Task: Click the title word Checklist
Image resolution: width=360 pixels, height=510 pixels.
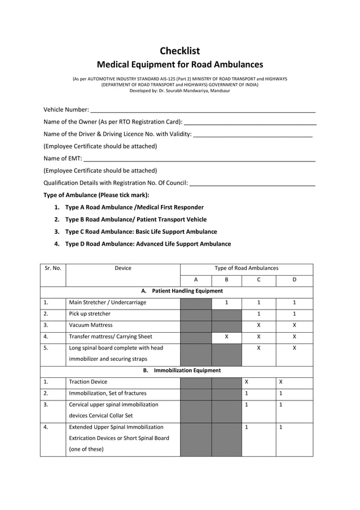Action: point(179,51)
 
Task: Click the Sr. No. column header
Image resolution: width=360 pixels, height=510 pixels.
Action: point(52,268)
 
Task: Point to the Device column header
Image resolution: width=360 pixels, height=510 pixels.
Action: point(123,268)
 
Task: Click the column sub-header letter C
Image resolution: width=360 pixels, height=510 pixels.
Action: point(258,280)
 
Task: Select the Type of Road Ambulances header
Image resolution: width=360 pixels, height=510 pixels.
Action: point(246,268)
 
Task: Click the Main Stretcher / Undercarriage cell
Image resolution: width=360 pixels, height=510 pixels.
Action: point(107,303)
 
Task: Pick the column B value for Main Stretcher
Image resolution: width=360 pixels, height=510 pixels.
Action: point(226,303)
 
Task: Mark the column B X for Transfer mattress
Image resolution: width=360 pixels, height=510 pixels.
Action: point(226,336)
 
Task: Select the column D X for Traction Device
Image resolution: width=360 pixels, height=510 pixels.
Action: point(281,382)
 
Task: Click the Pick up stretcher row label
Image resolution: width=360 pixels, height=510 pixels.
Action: point(90,313)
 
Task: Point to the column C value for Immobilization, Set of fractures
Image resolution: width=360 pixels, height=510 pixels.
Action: point(247,393)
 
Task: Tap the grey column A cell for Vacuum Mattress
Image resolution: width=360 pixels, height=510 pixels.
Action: point(196,325)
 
